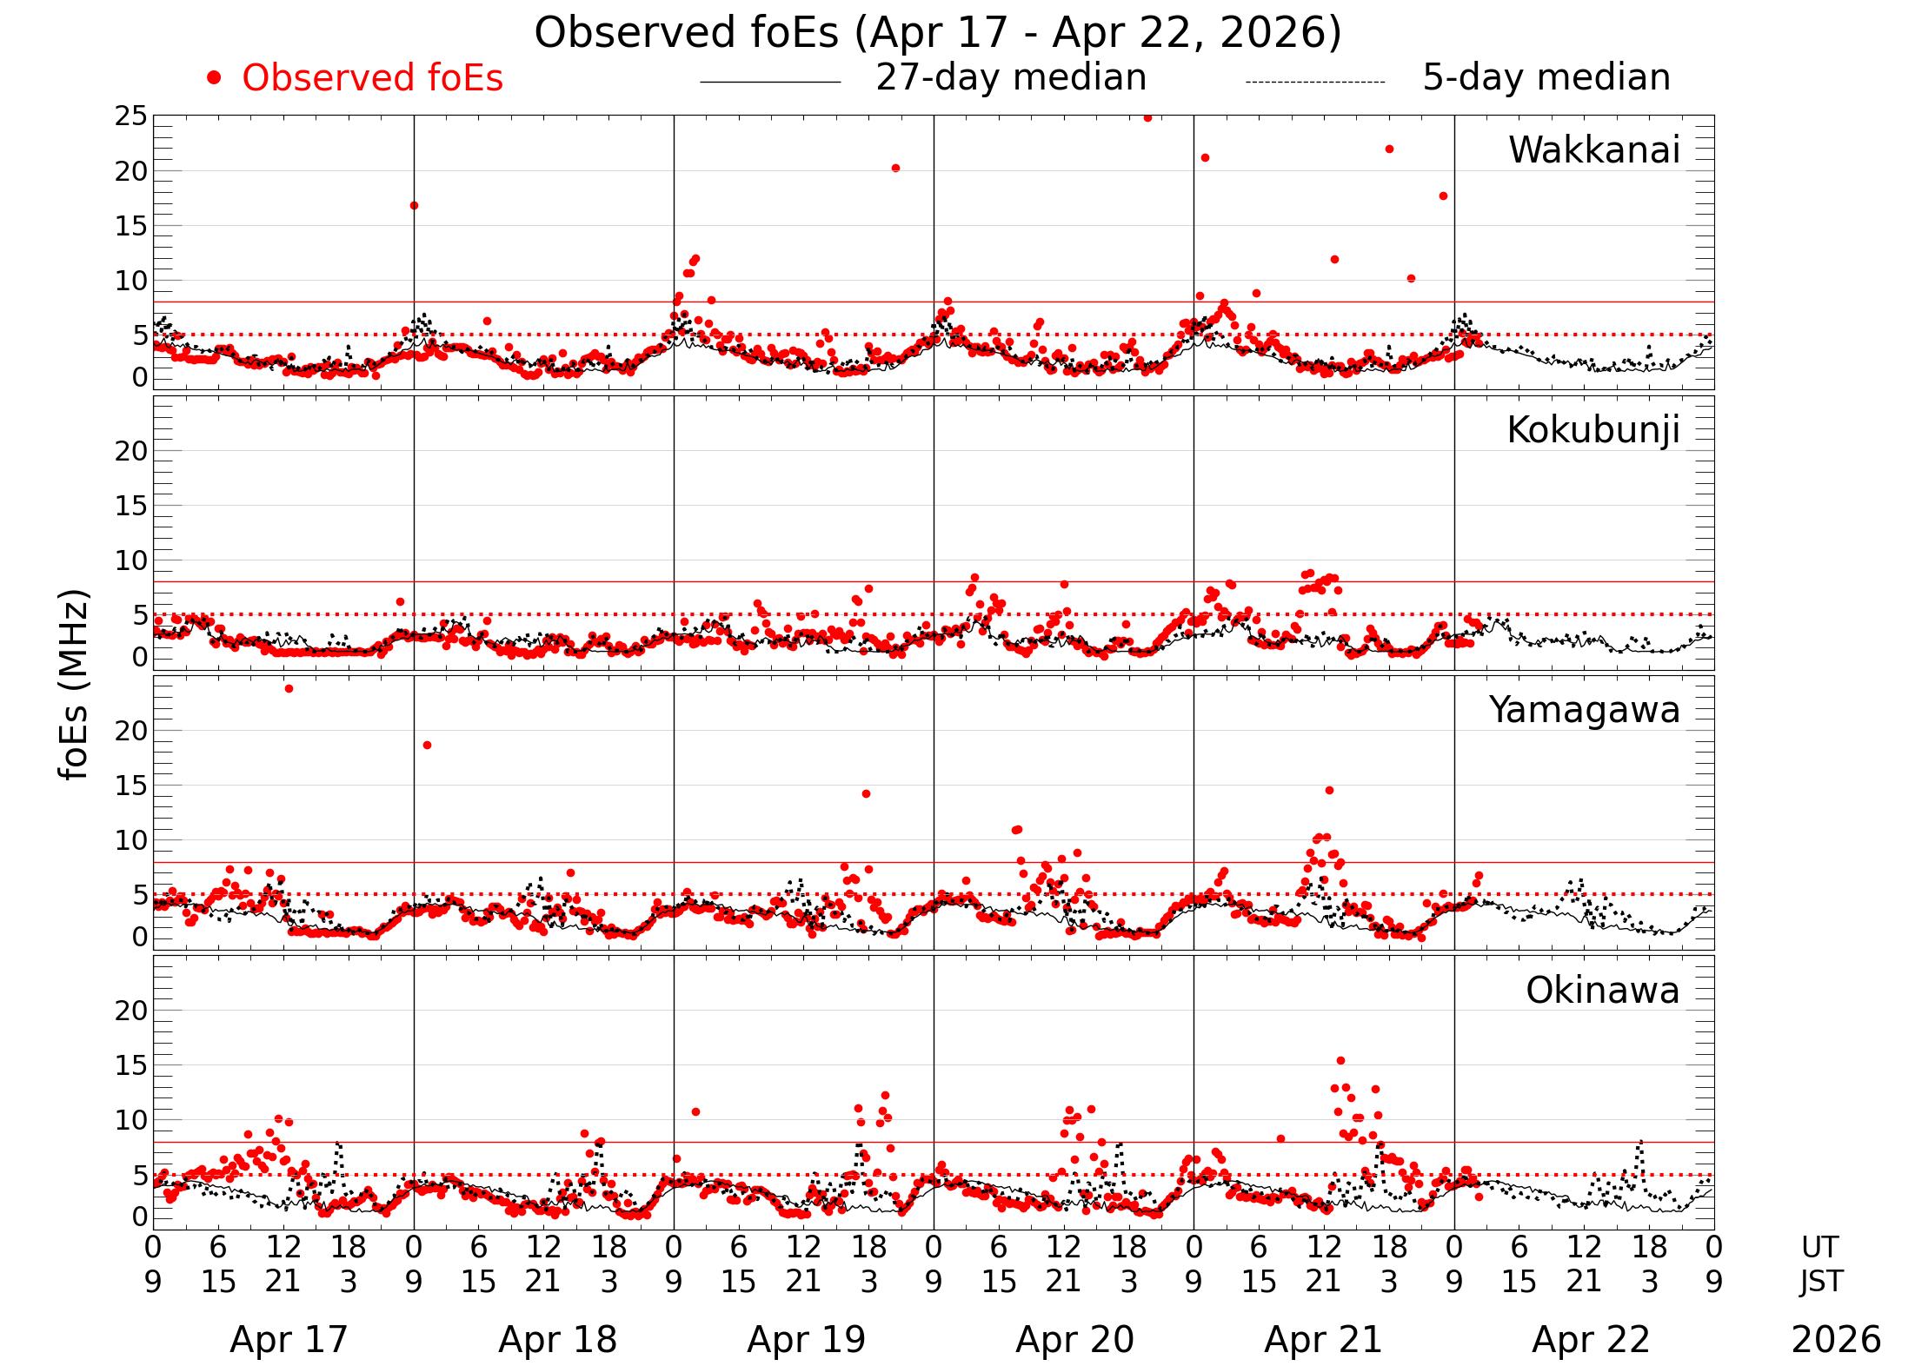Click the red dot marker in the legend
(x=214, y=78)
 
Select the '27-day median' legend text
(x=1011, y=77)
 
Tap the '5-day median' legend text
(x=1546, y=77)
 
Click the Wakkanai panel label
(x=1593, y=150)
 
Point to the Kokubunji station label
(x=1593, y=430)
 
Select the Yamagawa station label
(x=1584, y=710)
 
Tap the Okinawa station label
(x=1602, y=991)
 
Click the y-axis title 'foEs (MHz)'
(x=75, y=685)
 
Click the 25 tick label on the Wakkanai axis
(x=131, y=116)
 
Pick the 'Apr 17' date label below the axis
(x=289, y=1340)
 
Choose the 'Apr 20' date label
(x=1074, y=1340)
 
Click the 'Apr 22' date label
(x=1591, y=1340)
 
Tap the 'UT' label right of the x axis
(x=1819, y=1248)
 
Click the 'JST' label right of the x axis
(x=1819, y=1282)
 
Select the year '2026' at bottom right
(x=1836, y=1340)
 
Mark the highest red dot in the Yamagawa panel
(x=289, y=689)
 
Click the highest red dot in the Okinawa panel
(x=1340, y=1060)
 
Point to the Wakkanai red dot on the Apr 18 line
(x=414, y=206)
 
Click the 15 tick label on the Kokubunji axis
(x=131, y=507)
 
